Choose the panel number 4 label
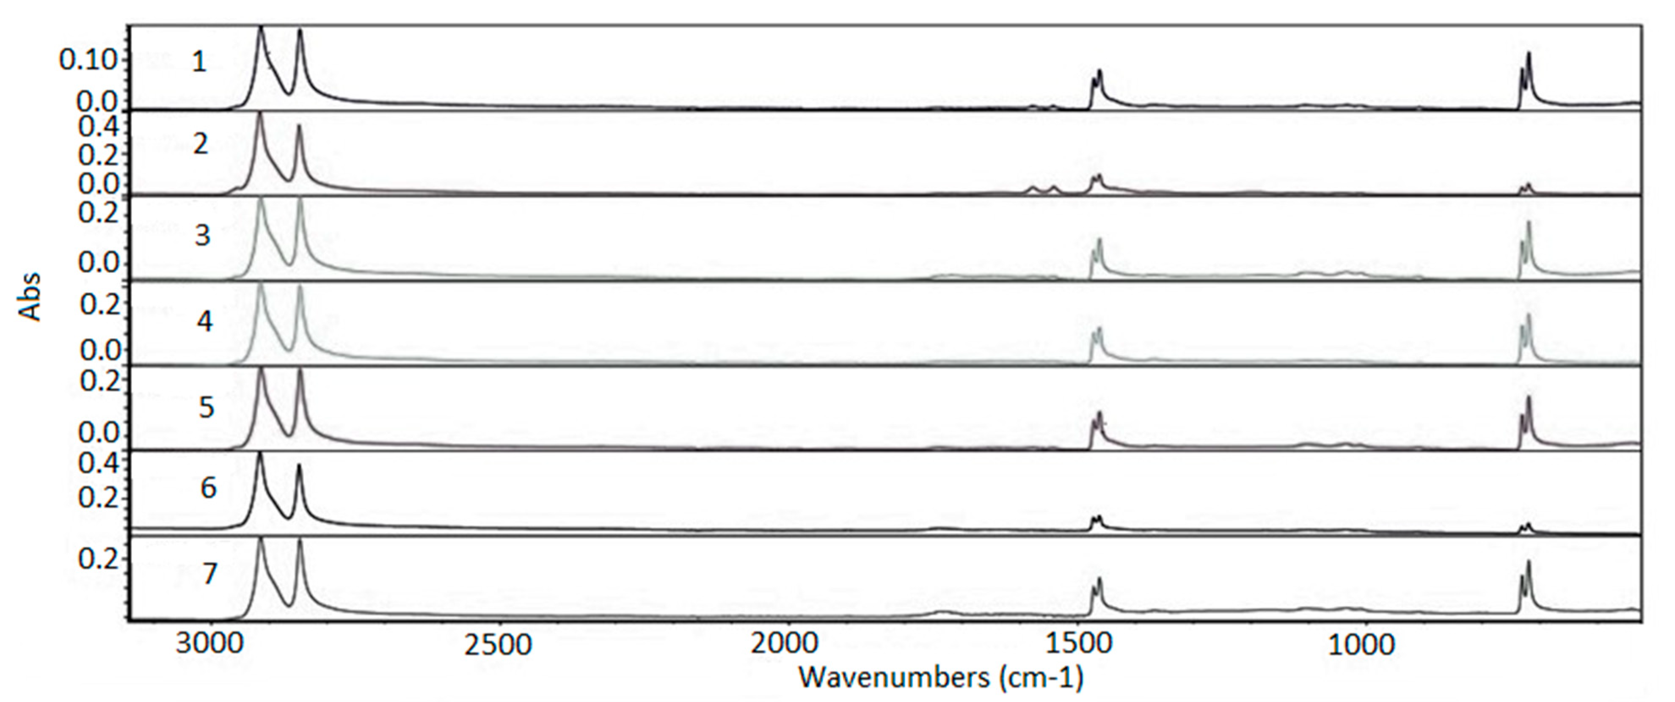point(204,321)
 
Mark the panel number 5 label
point(206,407)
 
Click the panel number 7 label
point(208,575)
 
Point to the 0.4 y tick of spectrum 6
point(99,463)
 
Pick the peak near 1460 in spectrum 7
point(1099,578)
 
